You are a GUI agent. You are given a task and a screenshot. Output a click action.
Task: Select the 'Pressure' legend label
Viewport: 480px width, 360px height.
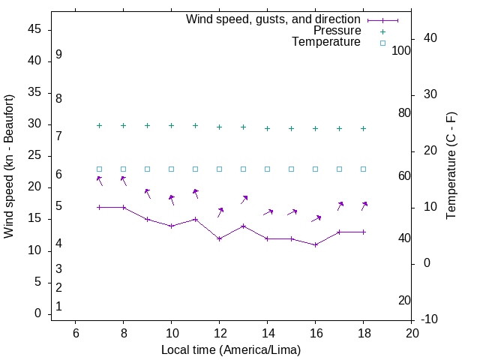click(x=337, y=31)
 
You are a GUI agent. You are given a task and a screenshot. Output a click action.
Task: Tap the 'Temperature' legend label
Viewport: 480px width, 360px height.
click(x=326, y=43)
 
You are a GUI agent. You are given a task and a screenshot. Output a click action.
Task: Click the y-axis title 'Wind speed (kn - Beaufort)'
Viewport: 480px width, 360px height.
click(x=9, y=166)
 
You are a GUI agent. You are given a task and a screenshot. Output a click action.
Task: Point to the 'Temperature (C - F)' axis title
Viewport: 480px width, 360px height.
click(x=451, y=166)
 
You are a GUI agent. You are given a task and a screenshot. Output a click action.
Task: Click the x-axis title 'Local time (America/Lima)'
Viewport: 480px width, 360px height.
click(x=231, y=349)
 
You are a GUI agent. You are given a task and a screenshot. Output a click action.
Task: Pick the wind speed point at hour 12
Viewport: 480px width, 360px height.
click(x=219, y=238)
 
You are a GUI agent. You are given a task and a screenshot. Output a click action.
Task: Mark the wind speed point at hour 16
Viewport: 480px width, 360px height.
click(x=315, y=244)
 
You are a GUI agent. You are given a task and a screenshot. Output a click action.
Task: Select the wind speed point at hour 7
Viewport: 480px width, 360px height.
click(x=99, y=207)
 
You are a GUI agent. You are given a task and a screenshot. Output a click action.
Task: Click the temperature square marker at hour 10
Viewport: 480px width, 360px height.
click(x=171, y=169)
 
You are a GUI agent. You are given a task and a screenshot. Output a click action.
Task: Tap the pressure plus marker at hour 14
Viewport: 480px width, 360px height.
click(x=267, y=128)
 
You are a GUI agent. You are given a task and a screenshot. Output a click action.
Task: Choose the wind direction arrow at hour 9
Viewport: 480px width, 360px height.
click(x=148, y=193)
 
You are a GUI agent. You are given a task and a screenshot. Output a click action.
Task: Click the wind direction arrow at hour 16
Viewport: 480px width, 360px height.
click(x=316, y=218)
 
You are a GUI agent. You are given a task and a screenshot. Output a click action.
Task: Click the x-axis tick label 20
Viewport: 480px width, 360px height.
click(x=412, y=333)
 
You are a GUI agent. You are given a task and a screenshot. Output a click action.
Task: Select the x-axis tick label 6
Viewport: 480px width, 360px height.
click(x=75, y=333)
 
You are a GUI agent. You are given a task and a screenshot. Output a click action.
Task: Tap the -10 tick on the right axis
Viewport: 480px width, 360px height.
click(x=432, y=319)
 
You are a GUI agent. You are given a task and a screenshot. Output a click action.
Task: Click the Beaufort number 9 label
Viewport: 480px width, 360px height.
click(x=58, y=55)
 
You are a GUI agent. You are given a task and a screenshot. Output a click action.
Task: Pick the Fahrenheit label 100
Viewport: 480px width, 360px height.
click(x=401, y=50)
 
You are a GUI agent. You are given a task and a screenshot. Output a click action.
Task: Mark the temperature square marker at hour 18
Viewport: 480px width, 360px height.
click(x=363, y=169)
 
